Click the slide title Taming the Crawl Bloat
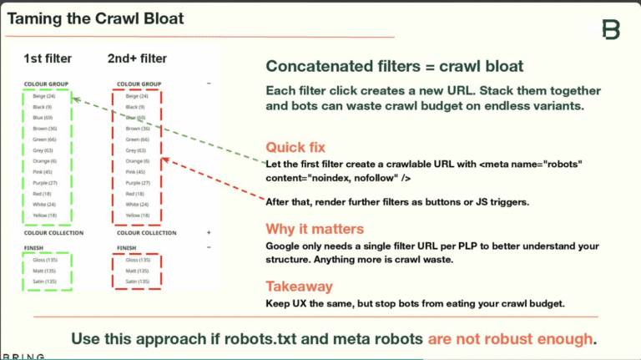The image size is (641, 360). [95, 18]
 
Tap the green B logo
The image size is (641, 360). [612, 30]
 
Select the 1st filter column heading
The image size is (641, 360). [48, 58]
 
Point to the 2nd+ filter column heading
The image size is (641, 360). [137, 58]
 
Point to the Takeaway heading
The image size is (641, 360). [300, 286]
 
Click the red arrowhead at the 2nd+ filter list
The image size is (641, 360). [165, 160]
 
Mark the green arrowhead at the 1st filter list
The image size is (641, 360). [76, 99]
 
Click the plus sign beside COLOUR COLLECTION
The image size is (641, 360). [209, 233]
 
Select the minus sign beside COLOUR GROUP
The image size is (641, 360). [209, 84]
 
